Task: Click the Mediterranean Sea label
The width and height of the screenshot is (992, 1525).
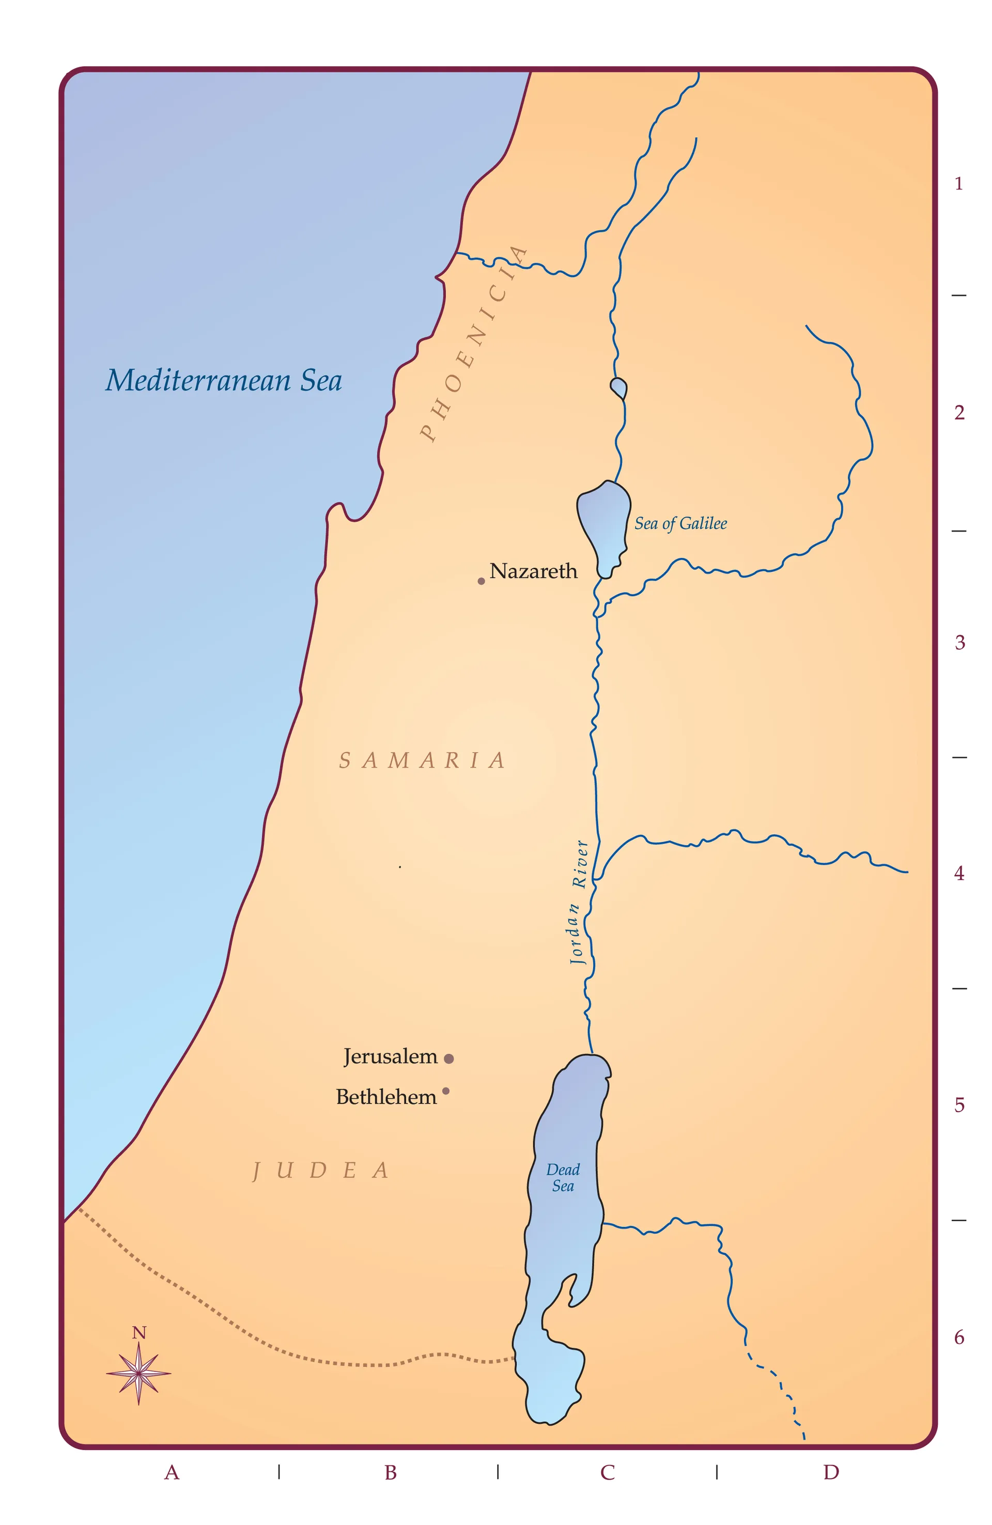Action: pos(223,380)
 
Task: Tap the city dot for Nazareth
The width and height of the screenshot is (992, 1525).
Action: pos(481,581)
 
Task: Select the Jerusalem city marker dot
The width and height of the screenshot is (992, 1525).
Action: pos(448,1059)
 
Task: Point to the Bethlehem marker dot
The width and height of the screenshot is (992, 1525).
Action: pos(446,1091)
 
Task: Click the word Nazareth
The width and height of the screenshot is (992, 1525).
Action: pos(533,571)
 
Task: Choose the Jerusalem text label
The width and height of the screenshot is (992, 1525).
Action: pos(390,1056)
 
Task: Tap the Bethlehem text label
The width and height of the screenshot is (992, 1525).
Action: pos(386,1097)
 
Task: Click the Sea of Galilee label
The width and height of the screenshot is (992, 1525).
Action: pos(680,523)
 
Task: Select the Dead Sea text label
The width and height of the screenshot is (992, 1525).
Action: pos(563,1178)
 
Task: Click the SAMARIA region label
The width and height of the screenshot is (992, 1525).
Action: pos(422,760)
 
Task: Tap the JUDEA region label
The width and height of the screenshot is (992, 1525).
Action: pos(320,1171)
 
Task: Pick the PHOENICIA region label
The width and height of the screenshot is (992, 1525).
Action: pos(474,345)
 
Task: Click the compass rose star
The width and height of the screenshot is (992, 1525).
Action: pos(138,1373)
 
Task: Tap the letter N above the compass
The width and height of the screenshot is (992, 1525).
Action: pos(138,1333)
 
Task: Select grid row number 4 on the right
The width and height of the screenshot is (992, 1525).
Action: pos(959,874)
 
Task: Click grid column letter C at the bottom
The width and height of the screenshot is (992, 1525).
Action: pos(607,1472)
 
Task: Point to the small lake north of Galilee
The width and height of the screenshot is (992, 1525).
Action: pos(618,387)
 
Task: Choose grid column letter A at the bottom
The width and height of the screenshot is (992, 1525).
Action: pos(171,1472)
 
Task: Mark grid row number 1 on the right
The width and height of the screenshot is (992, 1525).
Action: pos(959,184)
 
